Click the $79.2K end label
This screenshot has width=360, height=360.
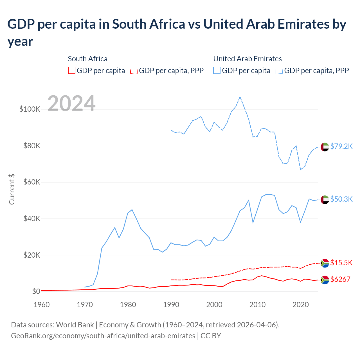pyautogui.click(x=341, y=146)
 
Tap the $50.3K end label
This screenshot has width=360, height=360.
pyautogui.click(x=341, y=199)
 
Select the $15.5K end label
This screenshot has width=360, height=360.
pyautogui.click(x=341, y=263)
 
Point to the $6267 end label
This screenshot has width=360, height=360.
pyautogui.click(x=340, y=279)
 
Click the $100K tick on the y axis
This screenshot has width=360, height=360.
pyautogui.click(x=30, y=109)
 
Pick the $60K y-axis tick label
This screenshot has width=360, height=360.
pyautogui.click(x=32, y=182)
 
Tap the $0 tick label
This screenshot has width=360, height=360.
pyautogui.click(x=36, y=291)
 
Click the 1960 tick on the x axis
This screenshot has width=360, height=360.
pyautogui.click(x=42, y=305)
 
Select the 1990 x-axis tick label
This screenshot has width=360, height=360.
pyautogui.click(x=171, y=305)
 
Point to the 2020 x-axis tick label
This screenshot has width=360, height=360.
pyautogui.click(x=301, y=305)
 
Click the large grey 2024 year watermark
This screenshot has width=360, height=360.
pyautogui.click(x=71, y=103)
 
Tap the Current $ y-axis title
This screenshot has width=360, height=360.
pyautogui.click(x=12, y=189)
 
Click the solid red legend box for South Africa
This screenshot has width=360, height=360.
pyautogui.click(x=72, y=70)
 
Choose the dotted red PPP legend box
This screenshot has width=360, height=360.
pyautogui.click(x=134, y=70)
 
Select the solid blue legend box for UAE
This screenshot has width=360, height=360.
pyautogui.click(x=217, y=70)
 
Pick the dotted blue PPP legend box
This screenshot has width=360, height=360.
pyautogui.click(x=279, y=70)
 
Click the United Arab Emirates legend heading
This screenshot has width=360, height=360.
pyautogui.click(x=247, y=59)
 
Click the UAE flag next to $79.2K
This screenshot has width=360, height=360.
pyautogui.click(x=325, y=147)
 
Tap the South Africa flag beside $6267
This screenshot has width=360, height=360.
pyautogui.click(x=325, y=280)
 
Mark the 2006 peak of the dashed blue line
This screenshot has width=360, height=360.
pyautogui.click(x=240, y=97)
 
